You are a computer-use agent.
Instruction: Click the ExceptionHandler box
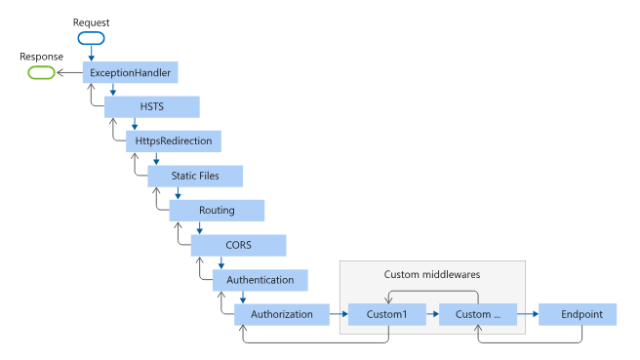(x=131, y=72)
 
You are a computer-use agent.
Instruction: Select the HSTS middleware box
(x=152, y=106)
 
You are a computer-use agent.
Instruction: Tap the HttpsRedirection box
(x=175, y=141)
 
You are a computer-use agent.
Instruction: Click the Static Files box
(x=195, y=176)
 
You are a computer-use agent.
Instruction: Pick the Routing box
(x=217, y=210)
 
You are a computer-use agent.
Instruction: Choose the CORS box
(x=238, y=245)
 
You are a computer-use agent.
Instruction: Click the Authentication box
(x=260, y=279)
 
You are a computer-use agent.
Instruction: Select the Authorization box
(x=282, y=314)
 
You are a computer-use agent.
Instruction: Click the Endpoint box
(x=582, y=314)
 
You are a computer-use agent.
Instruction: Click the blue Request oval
(x=91, y=39)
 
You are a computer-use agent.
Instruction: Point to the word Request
(x=92, y=21)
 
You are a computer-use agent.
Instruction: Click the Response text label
(x=42, y=56)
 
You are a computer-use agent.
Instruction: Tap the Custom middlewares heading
(x=432, y=274)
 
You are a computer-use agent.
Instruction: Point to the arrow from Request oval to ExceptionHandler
(x=91, y=54)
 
